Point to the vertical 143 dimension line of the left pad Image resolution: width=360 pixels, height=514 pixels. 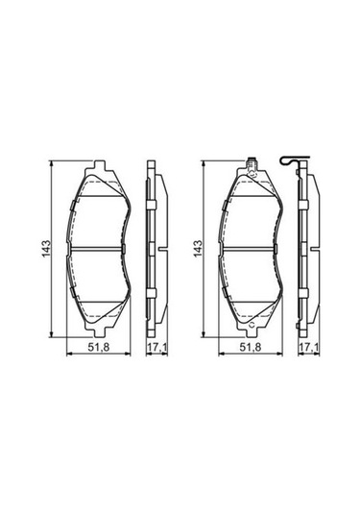click(x=51, y=211)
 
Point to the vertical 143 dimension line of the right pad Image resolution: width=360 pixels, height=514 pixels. click(x=204, y=211)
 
